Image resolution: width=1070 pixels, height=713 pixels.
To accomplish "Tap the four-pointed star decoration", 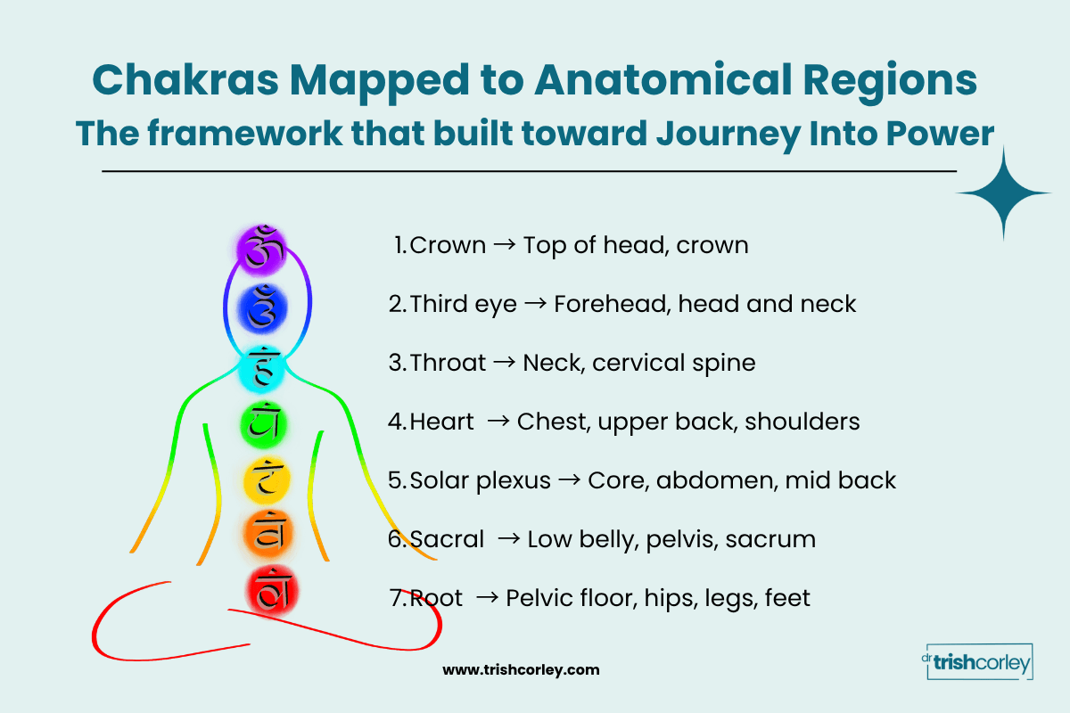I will (1004, 193).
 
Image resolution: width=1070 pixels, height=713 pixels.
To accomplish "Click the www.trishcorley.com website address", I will (522, 669).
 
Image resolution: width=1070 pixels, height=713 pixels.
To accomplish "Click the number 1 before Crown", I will (399, 245).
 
